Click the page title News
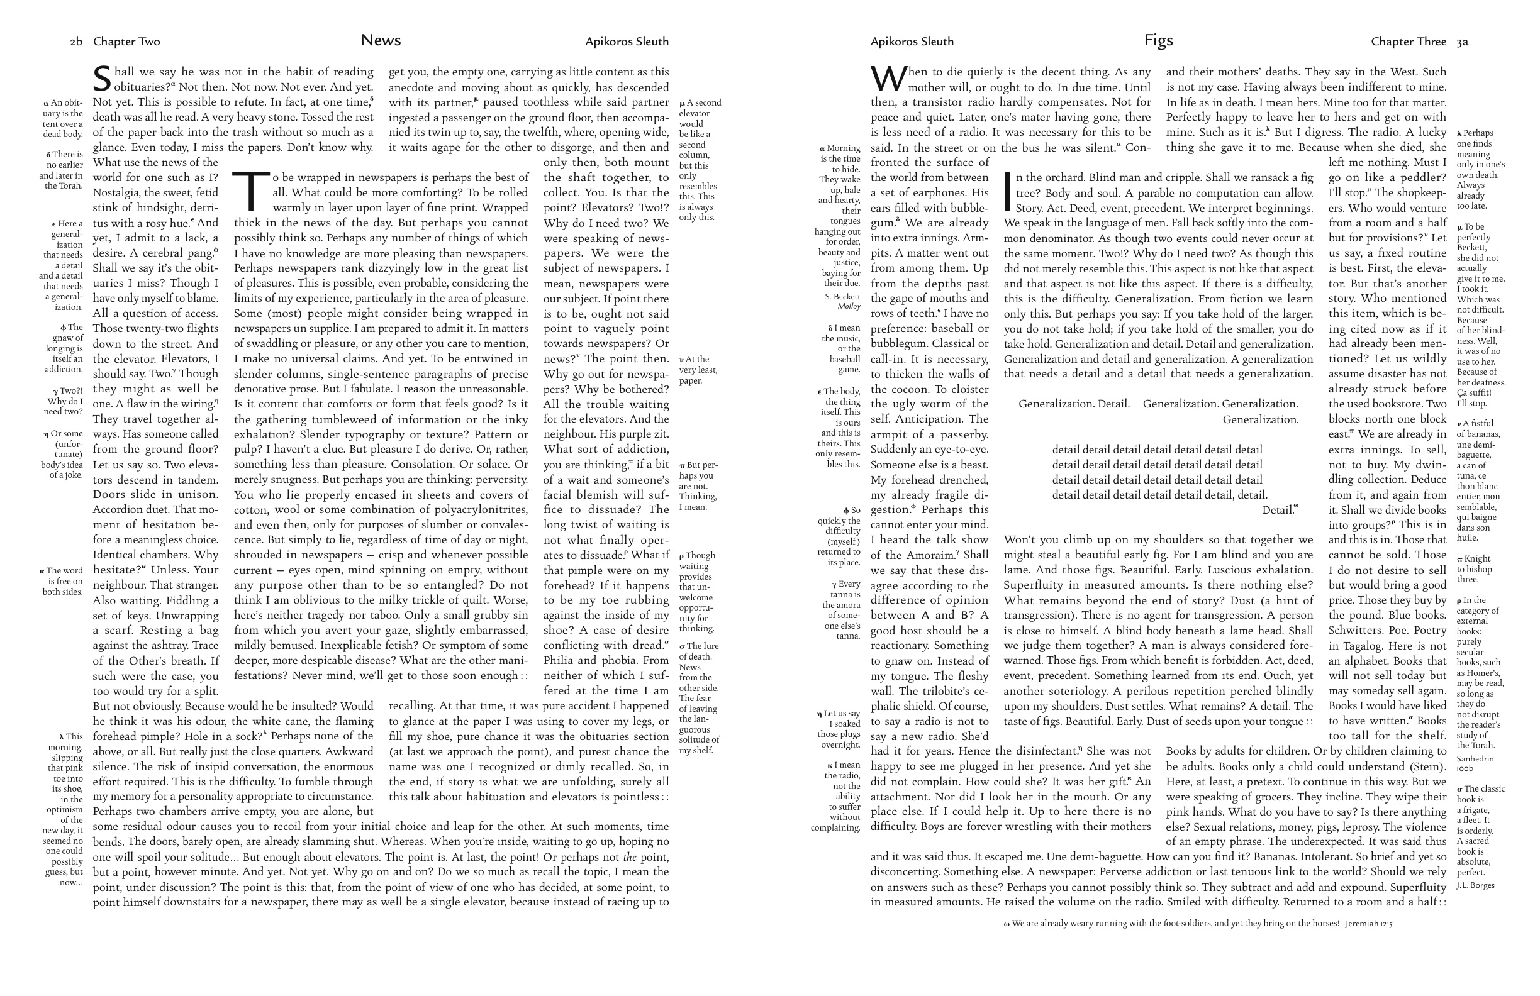coord(381,40)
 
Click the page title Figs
coord(1158,40)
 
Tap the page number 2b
coord(76,42)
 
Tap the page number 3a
coord(1463,42)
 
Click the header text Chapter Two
coord(127,42)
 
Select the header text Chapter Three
coord(1408,42)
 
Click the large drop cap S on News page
coord(103,79)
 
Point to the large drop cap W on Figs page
coord(888,79)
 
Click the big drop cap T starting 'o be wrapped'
coord(251,191)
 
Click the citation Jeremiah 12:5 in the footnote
coord(1368,924)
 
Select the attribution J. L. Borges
coord(1475,885)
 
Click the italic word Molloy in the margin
coord(849,307)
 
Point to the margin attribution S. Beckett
coord(842,296)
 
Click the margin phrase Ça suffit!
coord(1475,392)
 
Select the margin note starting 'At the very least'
coord(698,370)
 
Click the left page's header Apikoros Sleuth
coord(627,42)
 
